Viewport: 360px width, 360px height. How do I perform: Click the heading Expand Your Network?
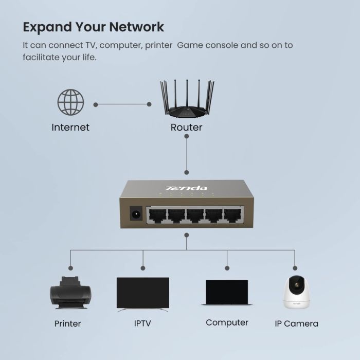(x=93, y=27)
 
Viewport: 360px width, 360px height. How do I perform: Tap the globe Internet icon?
(x=70, y=102)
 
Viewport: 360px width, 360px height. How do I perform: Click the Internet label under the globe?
(x=70, y=127)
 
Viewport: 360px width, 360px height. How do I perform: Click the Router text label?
(x=186, y=127)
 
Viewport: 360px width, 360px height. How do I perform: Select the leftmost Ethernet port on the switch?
(x=157, y=215)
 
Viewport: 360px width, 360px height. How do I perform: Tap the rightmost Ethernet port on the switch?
(x=232, y=215)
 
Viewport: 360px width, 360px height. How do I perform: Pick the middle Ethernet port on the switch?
(x=194, y=215)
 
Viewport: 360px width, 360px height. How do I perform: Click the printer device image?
(x=70, y=293)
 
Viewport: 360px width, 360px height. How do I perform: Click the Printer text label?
(x=67, y=323)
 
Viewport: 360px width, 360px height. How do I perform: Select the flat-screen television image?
(x=143, y=294)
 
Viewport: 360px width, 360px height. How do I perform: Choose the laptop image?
(x=227, y=293)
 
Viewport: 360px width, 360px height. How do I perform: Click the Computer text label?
(x=227, y=322)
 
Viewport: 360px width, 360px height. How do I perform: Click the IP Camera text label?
(x=296, y=323)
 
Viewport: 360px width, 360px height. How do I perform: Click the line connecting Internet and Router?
(x=122, y=104)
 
